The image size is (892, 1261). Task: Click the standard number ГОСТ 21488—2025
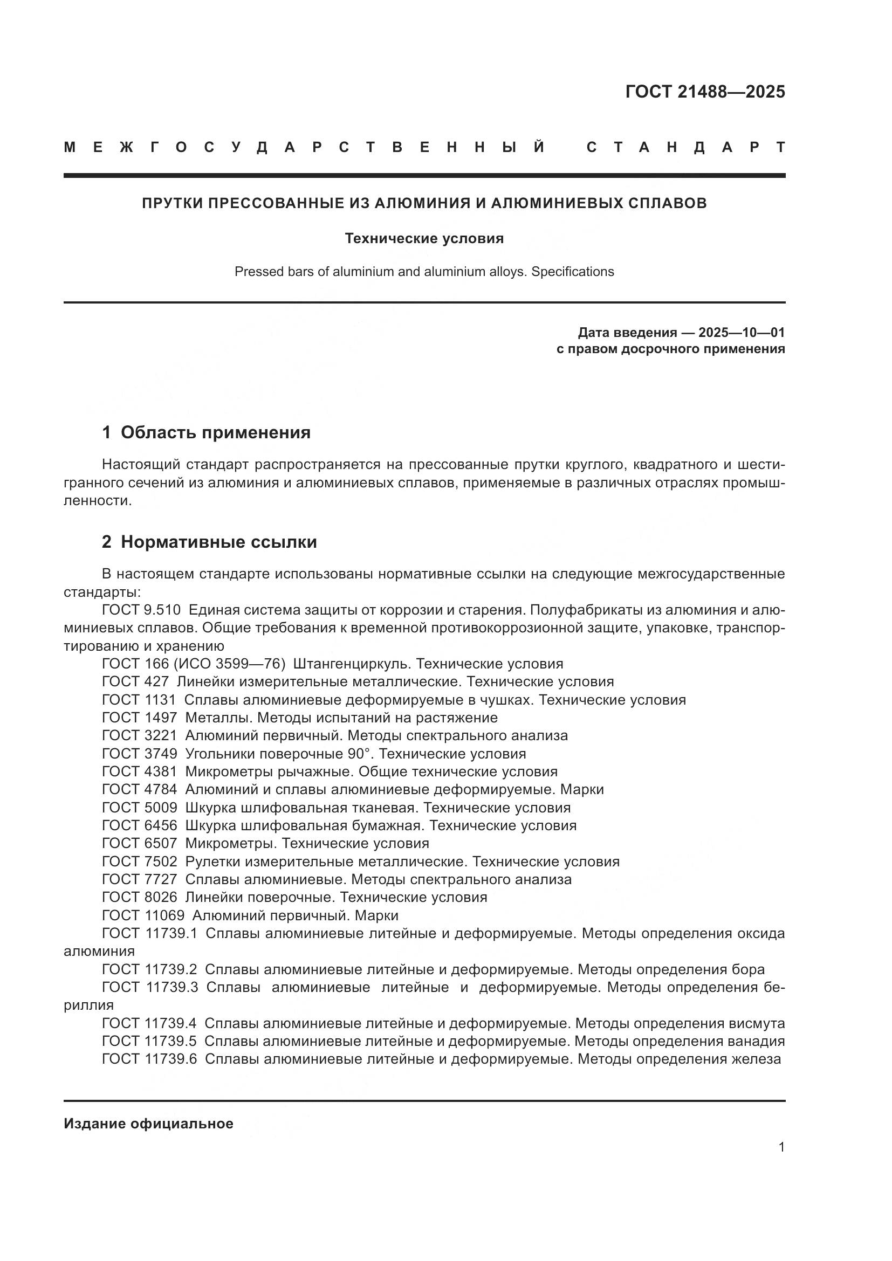coord(705,92)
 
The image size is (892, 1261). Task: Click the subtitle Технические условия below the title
coord(424,238)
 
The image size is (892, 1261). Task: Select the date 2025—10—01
coord(742,332)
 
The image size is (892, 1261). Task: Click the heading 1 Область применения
coord(206,432)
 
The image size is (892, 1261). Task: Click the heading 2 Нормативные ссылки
coord(209,541)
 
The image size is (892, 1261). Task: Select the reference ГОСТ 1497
coord(140,718)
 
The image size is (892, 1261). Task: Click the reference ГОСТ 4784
coord(140,790)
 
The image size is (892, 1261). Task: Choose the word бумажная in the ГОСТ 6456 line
coord(389,825)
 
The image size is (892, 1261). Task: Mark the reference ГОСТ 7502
coord(140,862)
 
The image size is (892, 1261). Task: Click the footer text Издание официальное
coord(148,1124)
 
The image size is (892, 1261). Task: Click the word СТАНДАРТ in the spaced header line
coord(685,147)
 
